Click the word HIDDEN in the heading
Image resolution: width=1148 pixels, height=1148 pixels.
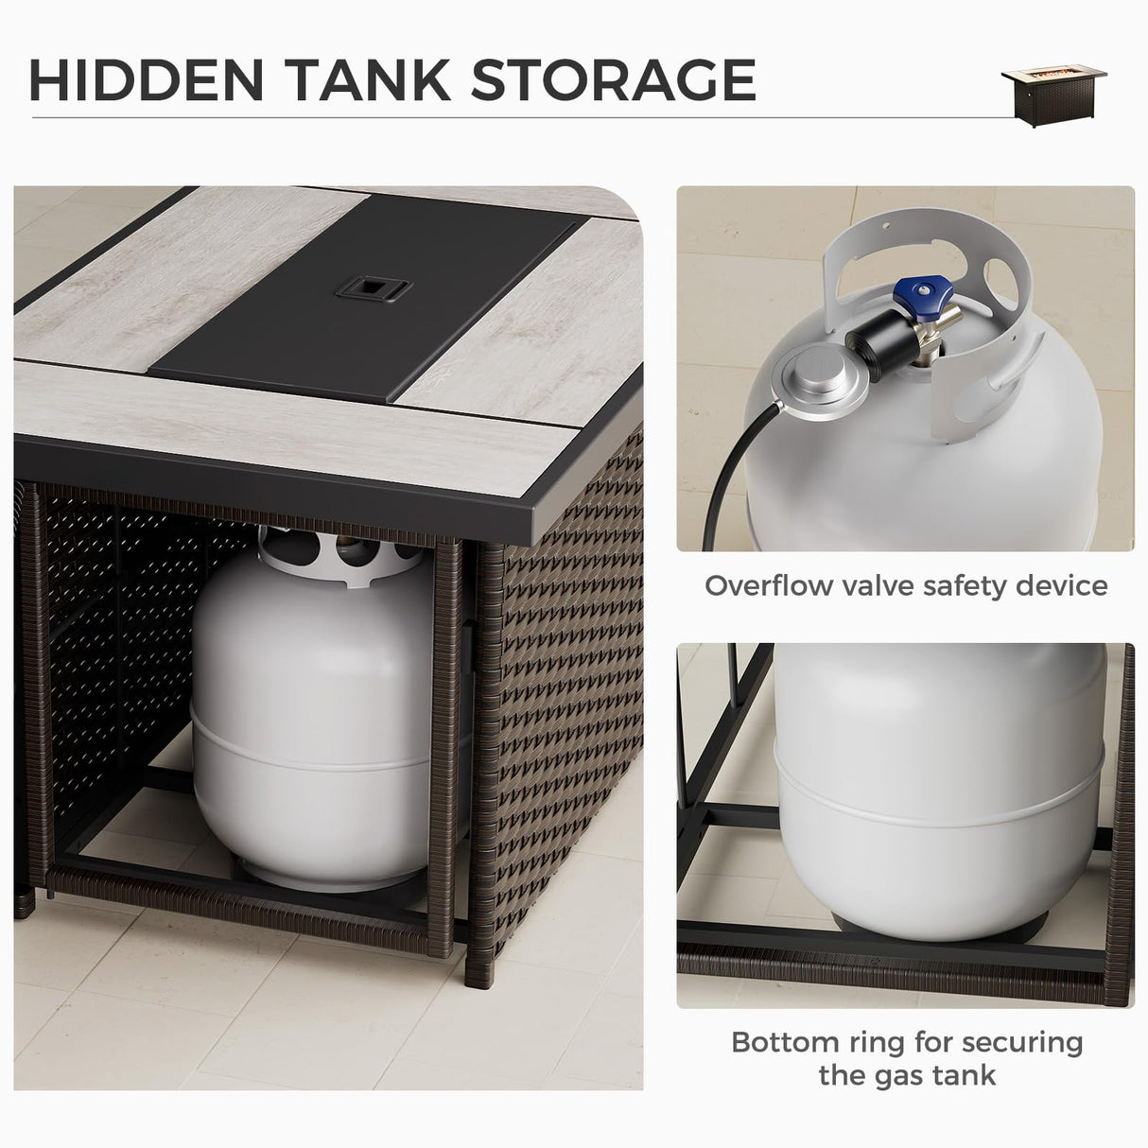coord(146,79)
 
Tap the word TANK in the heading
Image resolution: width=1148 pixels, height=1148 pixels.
coord(370,79)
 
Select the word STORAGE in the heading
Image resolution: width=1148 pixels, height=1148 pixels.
coord(614,79)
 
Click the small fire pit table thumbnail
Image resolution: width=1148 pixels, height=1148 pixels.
coord(1053,96)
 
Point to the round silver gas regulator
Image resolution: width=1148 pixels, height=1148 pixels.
coord(820,375)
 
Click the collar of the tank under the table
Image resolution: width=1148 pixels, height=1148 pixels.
coord(344,557)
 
